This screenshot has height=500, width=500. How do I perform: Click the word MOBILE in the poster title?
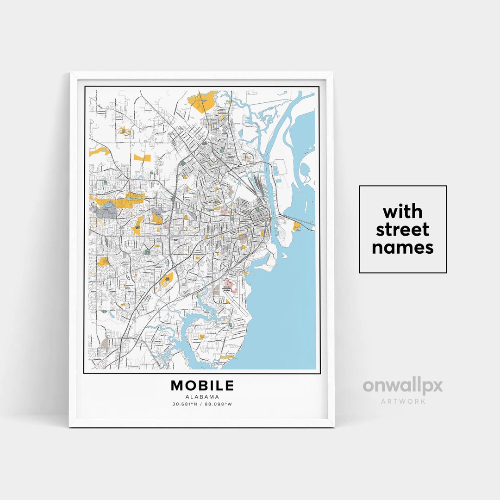tap(202, 385)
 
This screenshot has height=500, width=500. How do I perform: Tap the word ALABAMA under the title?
tap(202, 397)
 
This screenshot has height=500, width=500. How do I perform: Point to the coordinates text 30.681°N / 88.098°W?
tap(202, 404)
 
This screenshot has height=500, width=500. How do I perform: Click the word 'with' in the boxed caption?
tap(402, 212)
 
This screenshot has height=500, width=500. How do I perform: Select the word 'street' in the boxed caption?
tap(402, 229)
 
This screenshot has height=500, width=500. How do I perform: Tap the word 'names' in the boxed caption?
tap(402, 247)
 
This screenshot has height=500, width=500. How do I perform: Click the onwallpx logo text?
tap(402, 386)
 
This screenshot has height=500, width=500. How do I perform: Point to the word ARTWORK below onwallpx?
tap(403, 401)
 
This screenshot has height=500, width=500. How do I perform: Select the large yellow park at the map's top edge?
tap(202, 101)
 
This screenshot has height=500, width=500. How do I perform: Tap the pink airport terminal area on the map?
tap(228, 283)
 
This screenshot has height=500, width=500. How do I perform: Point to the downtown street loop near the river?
tap(260, 215)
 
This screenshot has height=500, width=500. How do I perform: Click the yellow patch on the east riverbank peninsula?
tap(297, 225)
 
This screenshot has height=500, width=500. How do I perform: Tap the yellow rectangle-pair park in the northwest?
tap(142, 157)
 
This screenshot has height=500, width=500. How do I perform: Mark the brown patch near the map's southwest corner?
tap(105, 343)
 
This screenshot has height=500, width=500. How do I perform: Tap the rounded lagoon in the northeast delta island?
tap(306, 171)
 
